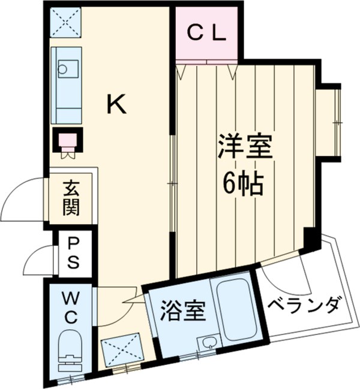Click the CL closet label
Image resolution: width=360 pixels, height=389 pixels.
(206, 33)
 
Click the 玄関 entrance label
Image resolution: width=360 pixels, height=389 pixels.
(71, 200)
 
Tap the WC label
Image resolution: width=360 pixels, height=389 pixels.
(70, 307)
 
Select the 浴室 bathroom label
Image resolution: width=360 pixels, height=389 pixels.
(183, 310)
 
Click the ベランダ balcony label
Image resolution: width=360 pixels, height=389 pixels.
(304, 304)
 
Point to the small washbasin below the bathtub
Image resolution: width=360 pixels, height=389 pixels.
(208, 343)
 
